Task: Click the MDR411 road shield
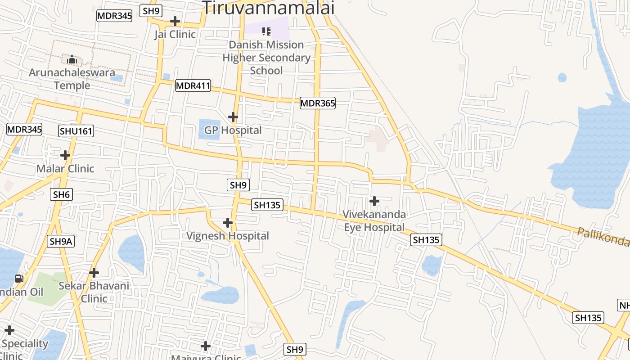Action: pyautogui.click(x=193, y=85)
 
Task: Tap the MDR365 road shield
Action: pyautogui.click(x=318, y=103)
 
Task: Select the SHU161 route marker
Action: pyautogui.click(x=76, y=131)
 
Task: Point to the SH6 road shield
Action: pyautogui.click(x=61, y=194)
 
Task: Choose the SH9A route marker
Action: pyautogui.click(x=61, y=241)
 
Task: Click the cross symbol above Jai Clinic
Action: pyautogui.click(x=175, y=21)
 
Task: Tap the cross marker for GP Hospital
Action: pyautogui.click(x=233, y=117)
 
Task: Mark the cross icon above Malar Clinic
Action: pyautogui.click(x=65, y=155)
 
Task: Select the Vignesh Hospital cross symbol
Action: pyautogui.click(x=228, y=223)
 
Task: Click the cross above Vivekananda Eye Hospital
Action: pyautogui.click(x=374, y=201)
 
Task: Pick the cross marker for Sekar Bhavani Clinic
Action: pyautogui.click(x=94, y=272)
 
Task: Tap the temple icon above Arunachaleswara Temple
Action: pyautogui.click(x=72, y=59)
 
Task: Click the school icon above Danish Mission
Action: pyautogui.click(x=266, y=31)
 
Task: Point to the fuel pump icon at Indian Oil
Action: pyautogui.click(x=19, y=279)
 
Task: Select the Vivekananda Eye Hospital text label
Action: pyautogui.click(x=374, y=221)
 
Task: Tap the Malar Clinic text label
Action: pyautogui.click(x=65, y=169)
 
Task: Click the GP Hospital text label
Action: pyautogui.click(x=233, y=130)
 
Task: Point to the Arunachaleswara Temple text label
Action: pyautogui.click(x=72, y=79)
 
